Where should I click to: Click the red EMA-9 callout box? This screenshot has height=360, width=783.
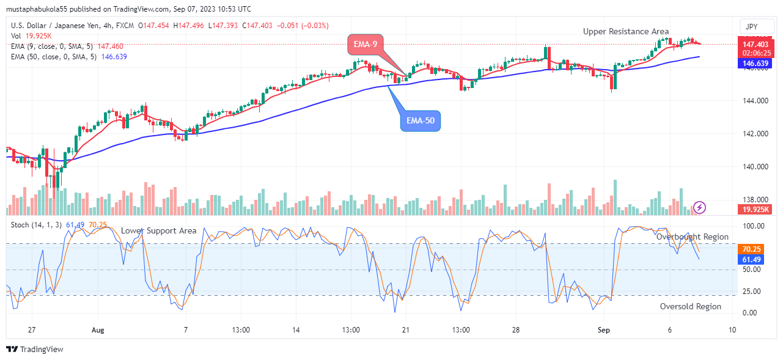[366, 44]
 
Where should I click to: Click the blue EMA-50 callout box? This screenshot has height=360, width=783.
[421, 121]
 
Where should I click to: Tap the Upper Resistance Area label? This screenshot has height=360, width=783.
[625, 31]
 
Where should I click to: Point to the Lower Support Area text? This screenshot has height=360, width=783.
[158, 230]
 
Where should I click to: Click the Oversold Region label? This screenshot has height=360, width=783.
[690, 306]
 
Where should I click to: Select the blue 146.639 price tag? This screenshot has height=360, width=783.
[755, 63]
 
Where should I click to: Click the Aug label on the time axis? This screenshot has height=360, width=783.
[98, 330]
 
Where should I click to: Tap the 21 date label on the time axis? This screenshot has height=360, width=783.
[405, 330]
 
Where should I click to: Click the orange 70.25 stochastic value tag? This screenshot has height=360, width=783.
[751, 249]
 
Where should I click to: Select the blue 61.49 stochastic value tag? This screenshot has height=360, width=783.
[751, 260]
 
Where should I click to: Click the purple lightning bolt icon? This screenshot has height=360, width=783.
[700, 207]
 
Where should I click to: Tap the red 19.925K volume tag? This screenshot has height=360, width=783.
[755, 210]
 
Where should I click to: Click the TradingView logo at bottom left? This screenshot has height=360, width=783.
[35, 350]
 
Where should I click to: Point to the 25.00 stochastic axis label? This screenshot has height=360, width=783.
[751, 291]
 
